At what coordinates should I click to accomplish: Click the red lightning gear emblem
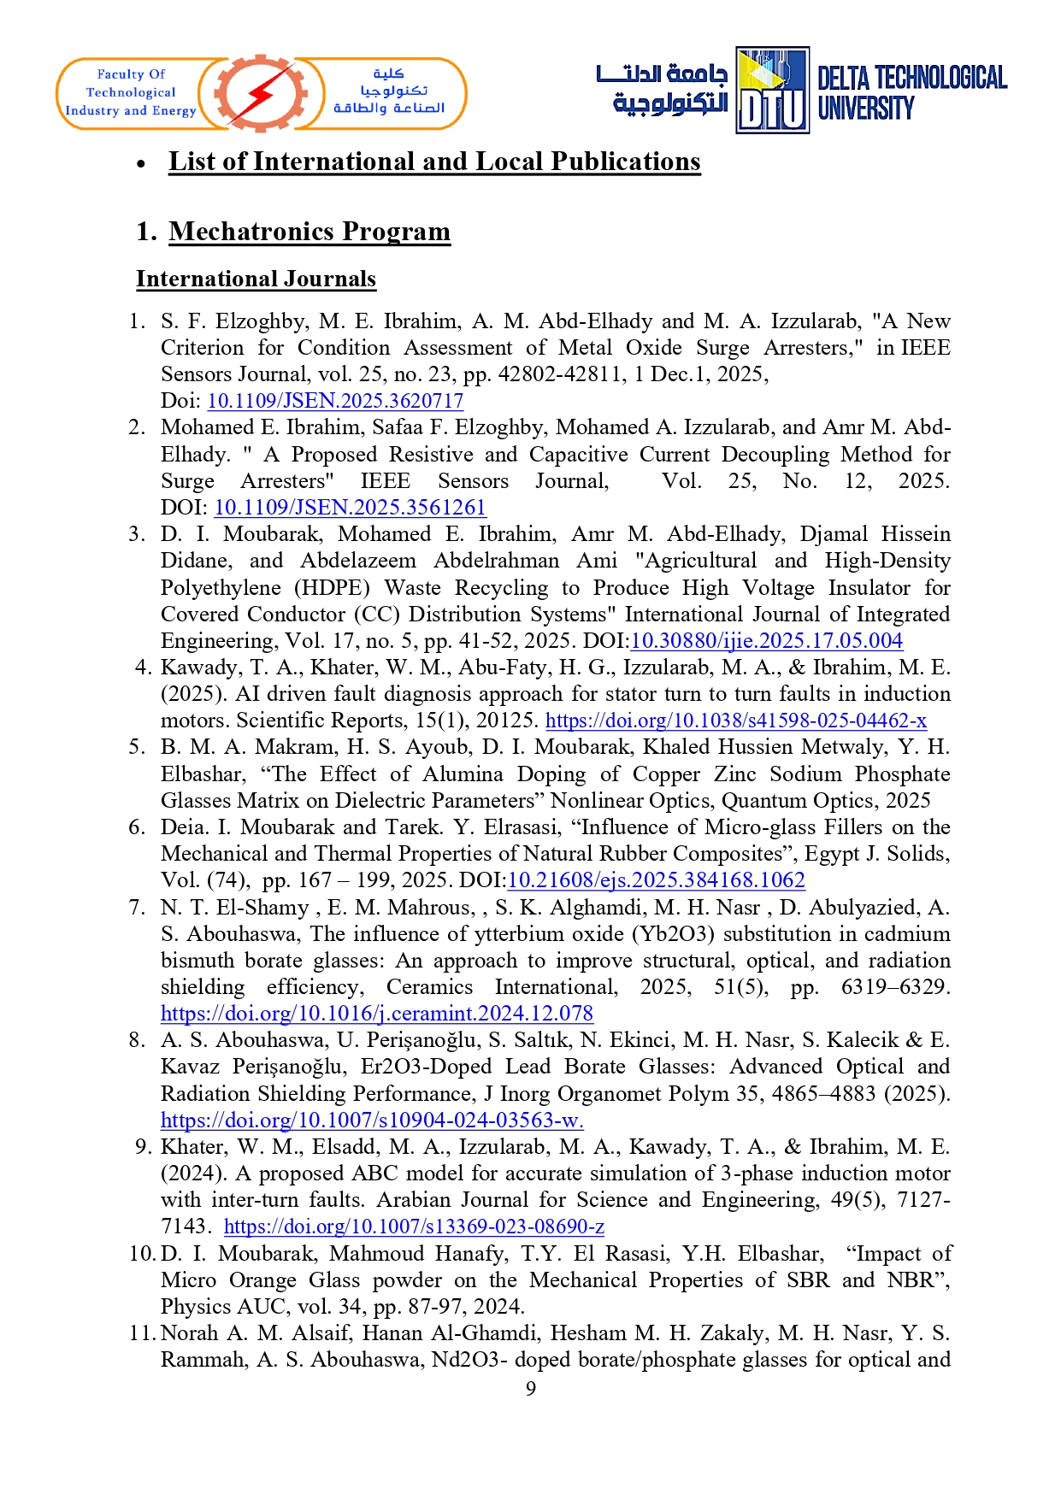point(261,94)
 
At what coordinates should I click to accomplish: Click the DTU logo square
point(772,91)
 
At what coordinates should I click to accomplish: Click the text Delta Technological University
point(911,92)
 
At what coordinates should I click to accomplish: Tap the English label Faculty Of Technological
point(131,84)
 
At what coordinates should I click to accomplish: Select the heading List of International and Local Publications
point(434,162)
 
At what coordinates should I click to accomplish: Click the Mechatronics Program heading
point(309,232)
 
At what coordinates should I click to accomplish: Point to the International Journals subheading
point(256,279)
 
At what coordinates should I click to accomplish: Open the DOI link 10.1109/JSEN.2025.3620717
point(335,401)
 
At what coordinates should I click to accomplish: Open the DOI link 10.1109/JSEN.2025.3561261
point(350,508)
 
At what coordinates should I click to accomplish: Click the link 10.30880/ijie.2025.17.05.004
point(766,641)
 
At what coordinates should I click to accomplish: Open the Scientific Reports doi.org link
point(735,721)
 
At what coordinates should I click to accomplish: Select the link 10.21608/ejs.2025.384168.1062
point(656,880)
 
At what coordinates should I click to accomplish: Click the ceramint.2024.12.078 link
point(376,1014)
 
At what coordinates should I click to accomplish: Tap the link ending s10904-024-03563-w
point(372,1120)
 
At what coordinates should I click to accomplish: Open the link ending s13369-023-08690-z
point(414,1226)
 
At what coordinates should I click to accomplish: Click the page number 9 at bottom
point(531,1388)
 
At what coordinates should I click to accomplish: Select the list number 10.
point(142,1254)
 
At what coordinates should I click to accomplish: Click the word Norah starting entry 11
point(189,1333)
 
